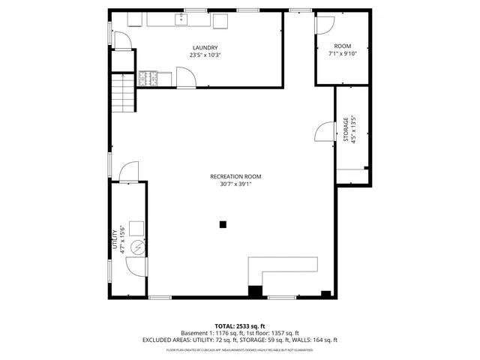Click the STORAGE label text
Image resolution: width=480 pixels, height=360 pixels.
point(346,130)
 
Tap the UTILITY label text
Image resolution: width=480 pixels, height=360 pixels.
point(115,241)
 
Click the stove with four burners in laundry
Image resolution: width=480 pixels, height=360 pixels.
point(147,77)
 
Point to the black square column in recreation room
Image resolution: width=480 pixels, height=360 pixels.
point(222,223)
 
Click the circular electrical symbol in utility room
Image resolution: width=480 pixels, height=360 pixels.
point(137,246)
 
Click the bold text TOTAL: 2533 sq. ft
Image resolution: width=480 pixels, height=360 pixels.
point(239,326)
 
